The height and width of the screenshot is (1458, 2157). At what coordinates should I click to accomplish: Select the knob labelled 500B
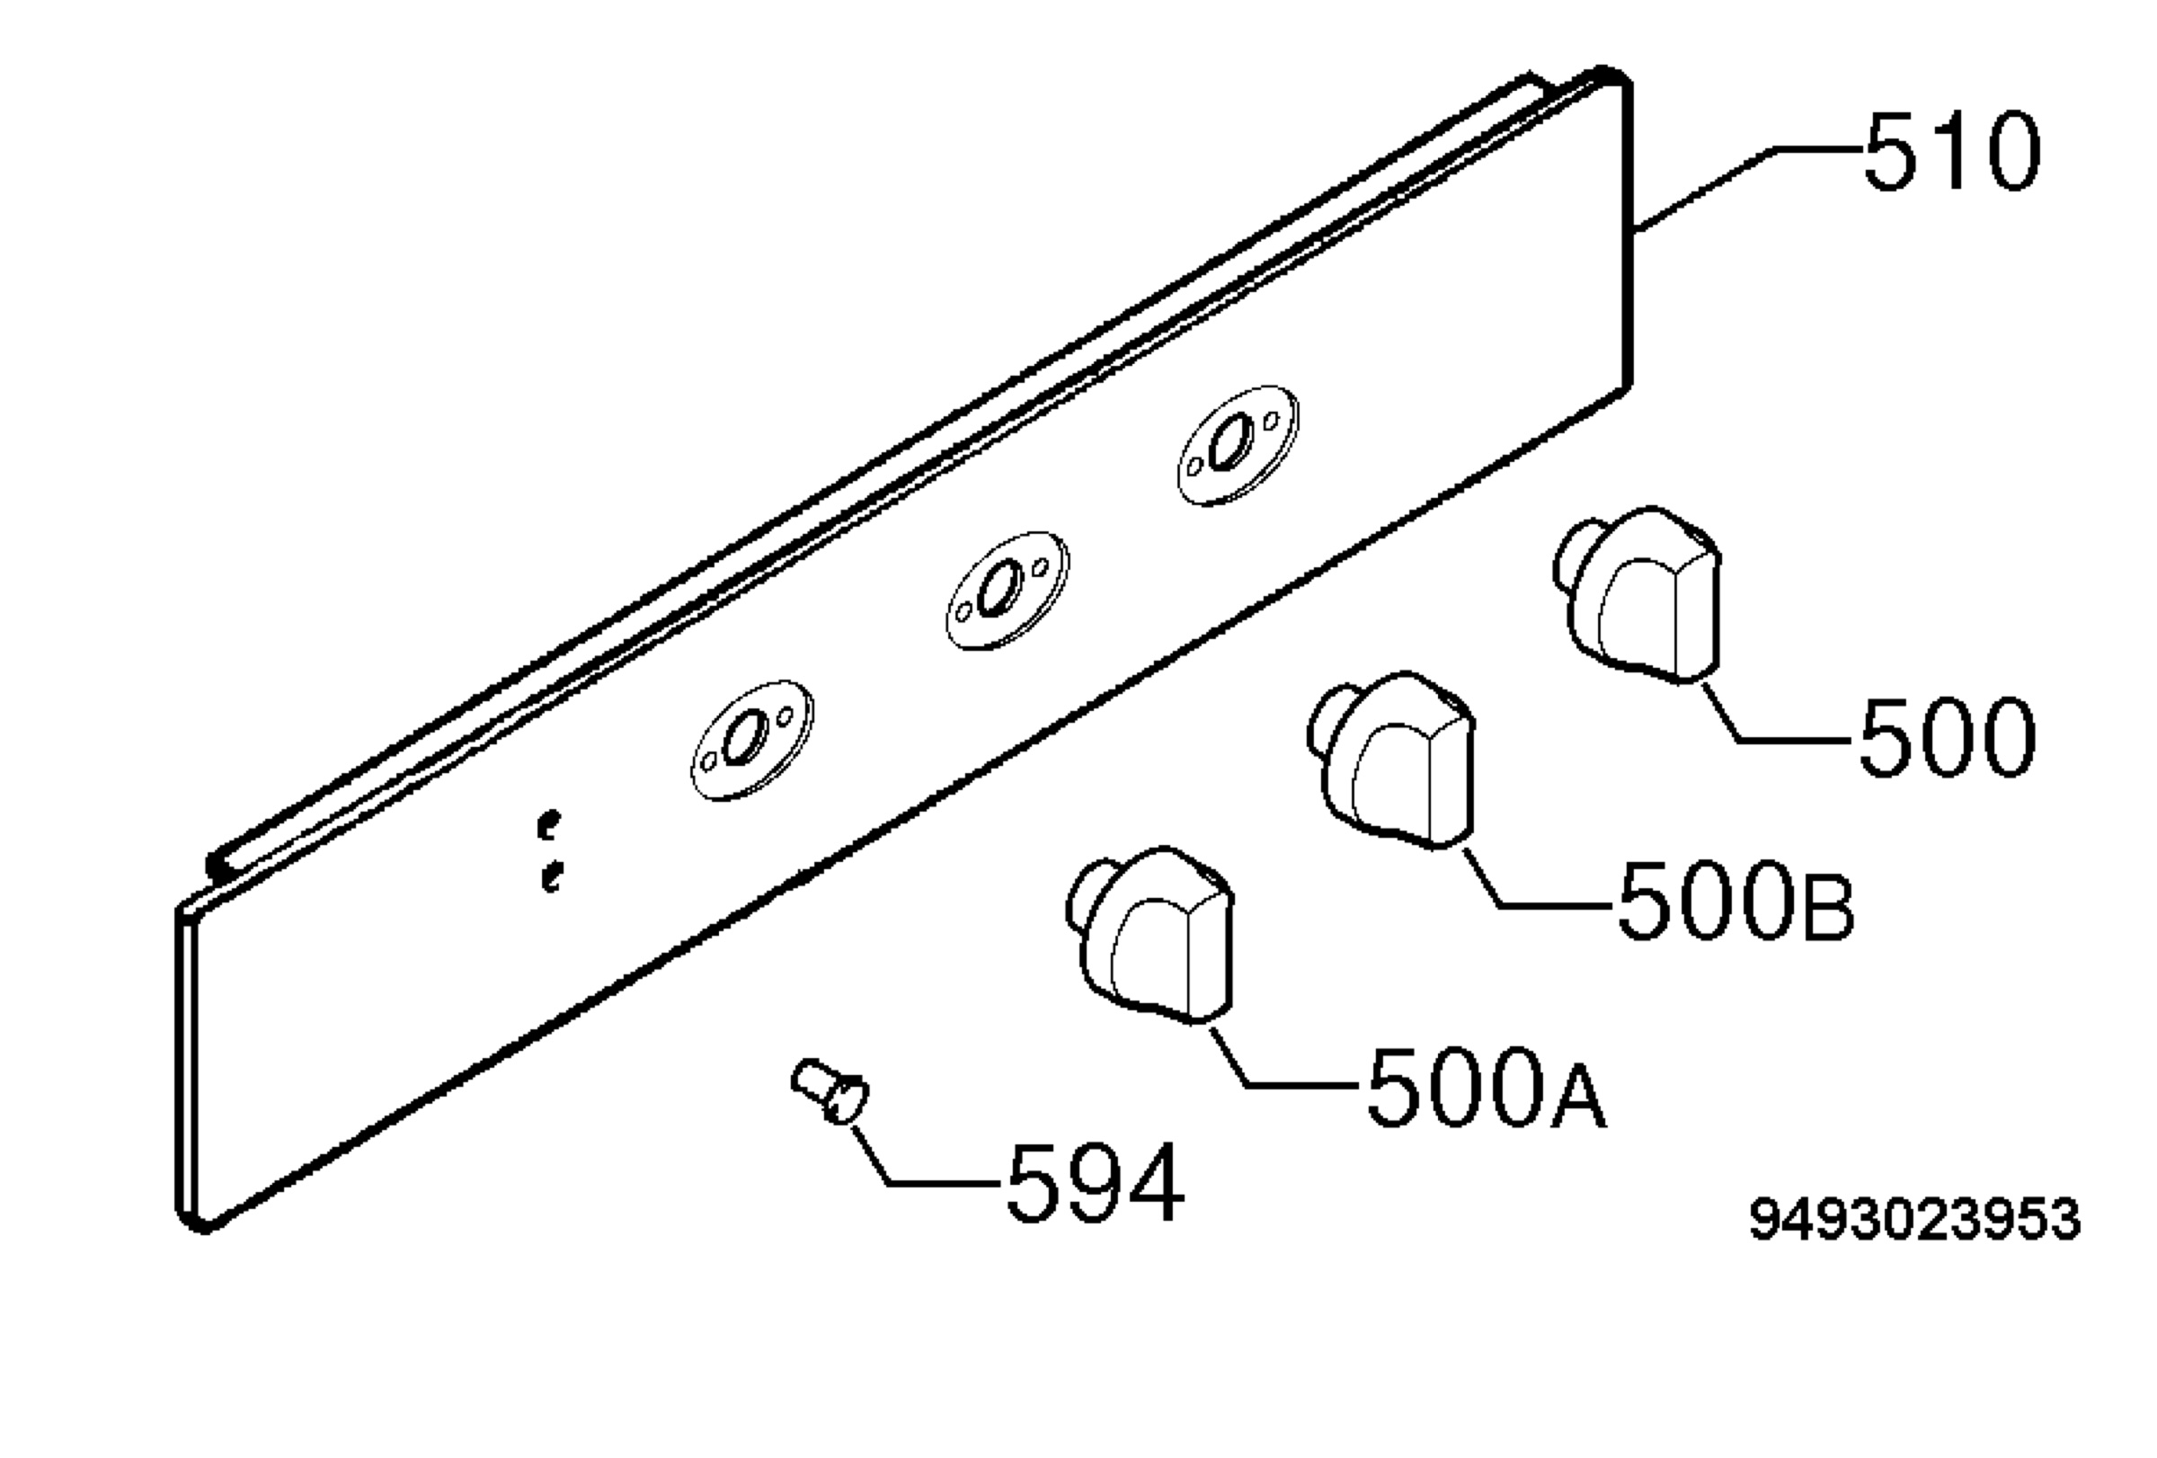pos(1390,760)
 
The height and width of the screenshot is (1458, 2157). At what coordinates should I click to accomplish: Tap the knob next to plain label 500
pos(1638,594)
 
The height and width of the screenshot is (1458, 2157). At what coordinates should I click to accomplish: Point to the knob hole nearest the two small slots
pos(751,741)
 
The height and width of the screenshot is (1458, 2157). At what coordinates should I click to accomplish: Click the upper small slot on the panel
pos(550,823)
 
